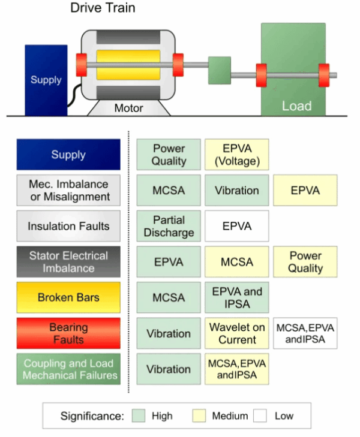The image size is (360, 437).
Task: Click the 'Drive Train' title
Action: [x=103, y=8]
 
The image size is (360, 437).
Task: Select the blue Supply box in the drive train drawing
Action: [x=46, y=80]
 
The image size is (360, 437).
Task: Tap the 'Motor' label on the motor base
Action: [x=128, y=109]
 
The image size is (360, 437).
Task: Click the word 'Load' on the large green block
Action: [x=296, y=106]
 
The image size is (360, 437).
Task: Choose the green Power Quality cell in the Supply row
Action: [x=169, y=155]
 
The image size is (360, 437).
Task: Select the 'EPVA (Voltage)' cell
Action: [x=236, y=155]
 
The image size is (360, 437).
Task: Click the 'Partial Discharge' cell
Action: [x=169, y=226]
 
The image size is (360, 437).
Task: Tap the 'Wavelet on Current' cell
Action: [x=236, y=333]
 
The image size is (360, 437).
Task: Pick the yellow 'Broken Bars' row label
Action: [x=68, y=297]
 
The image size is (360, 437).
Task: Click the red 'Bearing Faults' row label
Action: [x=68, y=333]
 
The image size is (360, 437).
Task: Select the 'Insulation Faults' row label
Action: [x=68, y=226]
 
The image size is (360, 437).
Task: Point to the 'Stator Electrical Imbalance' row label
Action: [x=68, y=262]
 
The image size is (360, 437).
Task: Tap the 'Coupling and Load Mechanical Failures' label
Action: [x=68, y=369]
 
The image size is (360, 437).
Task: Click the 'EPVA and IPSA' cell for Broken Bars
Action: [x=236, y=297]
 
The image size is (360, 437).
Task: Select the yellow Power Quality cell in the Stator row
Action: [x=305, y=262]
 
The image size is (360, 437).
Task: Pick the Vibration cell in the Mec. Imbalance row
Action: [x=236, y=191]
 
